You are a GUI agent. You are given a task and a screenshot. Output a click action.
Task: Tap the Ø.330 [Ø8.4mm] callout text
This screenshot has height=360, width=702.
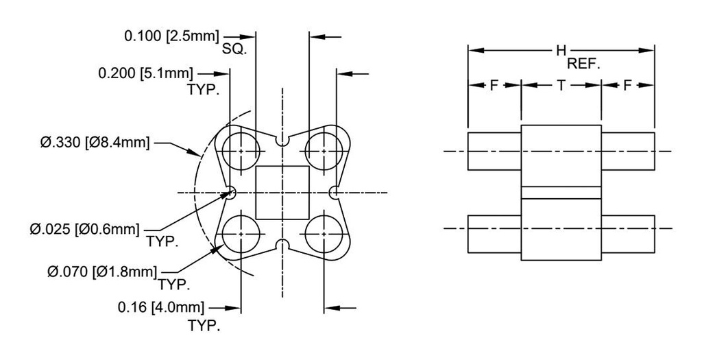pos(95,143)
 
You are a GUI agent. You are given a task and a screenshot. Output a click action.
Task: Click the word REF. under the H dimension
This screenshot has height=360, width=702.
pos(583,65)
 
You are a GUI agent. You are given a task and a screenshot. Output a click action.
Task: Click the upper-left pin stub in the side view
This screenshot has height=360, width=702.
pos(494,151)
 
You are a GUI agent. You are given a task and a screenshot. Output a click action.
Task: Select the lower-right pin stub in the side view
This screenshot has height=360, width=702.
pos(628,234)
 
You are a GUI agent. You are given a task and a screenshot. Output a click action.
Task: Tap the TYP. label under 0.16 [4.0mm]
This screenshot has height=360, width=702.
pos(204,326)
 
